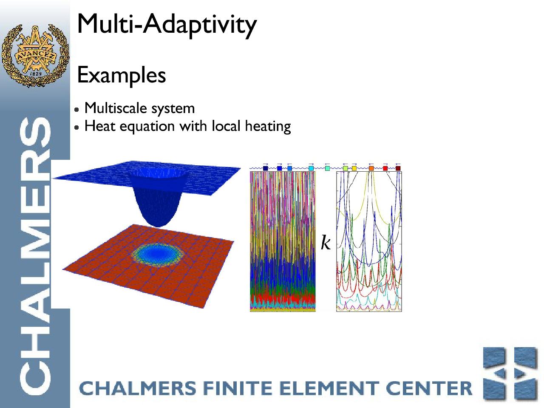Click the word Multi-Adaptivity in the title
pyautogui.click(x=167, y=25)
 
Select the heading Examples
pyautogui.click(x=122, y=75)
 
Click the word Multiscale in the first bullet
pyautogui.click(x=116, y=108)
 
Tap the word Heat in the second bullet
pyautogui.click(x=100, y=126)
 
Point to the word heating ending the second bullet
pyautogui.click(x=268, y=126)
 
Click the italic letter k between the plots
pyautogui.click(x=326, y=242)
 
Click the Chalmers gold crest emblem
pyautogui.click(x=35, y=55)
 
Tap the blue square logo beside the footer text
pyautogui.click(x=510, y=374)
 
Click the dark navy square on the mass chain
pyautogui.click(x=266, y=168)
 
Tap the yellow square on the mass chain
pyautogui.click(x=354, y=168)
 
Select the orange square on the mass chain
pyautogui.click(x=371, y=168)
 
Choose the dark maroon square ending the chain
pyautogui.click(x=398, y=168)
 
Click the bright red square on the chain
pyautogui.click(x=385, y=168)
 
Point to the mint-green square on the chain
pyautogui.click(x=327, y=168)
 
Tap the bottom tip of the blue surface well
pyautogui.click(x=158, y=227)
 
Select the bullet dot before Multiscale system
pyautogui.click(x=77, y=109)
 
